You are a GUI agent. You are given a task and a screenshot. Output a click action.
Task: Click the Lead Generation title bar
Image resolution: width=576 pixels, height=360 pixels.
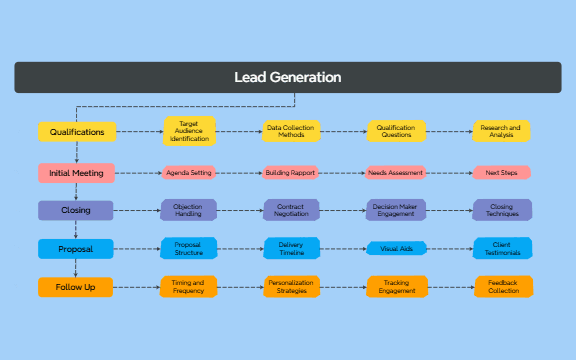click(x=288, y=77)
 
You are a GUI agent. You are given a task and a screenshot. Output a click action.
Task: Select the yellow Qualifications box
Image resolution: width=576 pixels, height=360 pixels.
click(x=77, y=131)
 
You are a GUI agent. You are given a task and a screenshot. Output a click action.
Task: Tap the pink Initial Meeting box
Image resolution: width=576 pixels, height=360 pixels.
click(x=77, y=172)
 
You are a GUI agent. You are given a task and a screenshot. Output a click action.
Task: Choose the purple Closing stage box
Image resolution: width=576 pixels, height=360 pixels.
click(x=76, y=210)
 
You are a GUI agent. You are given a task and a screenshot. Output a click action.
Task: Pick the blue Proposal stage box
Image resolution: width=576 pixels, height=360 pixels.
click(x=76, y=248)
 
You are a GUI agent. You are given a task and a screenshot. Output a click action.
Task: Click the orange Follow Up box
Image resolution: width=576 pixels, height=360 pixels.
click(x=76, y=287)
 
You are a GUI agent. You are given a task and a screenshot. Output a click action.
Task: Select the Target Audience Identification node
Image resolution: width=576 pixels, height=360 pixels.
click(x=189, y=130)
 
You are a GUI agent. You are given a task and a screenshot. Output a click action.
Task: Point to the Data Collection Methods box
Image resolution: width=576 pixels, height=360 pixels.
click(x=292, y=130)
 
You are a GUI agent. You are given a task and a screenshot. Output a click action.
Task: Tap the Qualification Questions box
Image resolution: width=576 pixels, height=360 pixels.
click(x=396, y=130)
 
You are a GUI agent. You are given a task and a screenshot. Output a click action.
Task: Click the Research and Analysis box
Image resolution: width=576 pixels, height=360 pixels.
click(x=501, y=130)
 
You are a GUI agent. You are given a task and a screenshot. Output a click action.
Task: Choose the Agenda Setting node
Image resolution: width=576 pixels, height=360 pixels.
click(x=189, y=172)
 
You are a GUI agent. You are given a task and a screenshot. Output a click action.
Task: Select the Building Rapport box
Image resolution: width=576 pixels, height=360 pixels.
click(x=292, y=172)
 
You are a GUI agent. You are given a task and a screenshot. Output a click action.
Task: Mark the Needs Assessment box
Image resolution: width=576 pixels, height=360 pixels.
click(x=396, y=172)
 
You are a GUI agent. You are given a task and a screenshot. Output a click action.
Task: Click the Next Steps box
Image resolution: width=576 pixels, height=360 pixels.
click(x=501, y=172)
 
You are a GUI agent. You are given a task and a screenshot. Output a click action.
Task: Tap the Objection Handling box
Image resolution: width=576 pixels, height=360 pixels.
click(x=189, y=210)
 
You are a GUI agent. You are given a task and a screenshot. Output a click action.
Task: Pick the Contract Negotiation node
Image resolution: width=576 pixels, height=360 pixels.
click(x=292, y=210)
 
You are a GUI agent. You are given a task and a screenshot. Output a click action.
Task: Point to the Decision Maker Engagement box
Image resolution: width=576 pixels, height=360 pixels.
click(x=396, y=210)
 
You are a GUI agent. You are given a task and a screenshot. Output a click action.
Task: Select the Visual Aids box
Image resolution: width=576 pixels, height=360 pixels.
click(x=396, y=248)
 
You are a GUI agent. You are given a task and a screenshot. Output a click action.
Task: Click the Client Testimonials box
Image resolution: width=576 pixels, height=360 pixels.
click(x=501, y=248)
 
